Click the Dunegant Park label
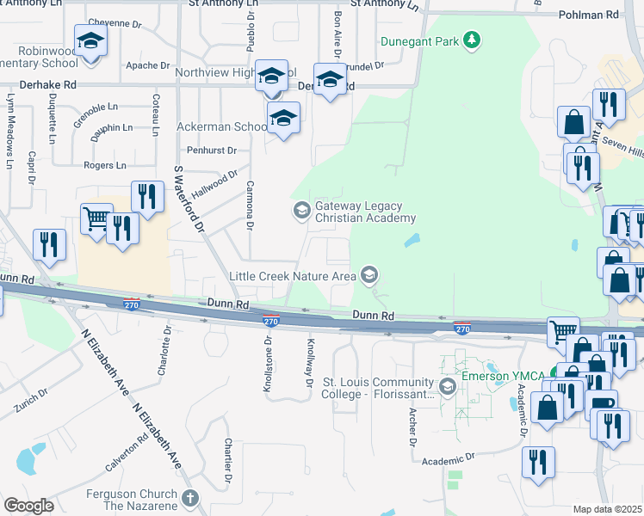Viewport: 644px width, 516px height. point(420,40)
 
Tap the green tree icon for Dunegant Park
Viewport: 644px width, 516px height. point(471,40)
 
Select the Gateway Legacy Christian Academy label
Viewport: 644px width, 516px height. point(366,212)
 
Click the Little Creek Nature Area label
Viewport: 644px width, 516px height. point(292,276)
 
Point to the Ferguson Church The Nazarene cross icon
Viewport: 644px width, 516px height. point(190,498)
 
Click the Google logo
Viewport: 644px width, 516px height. point(28,506)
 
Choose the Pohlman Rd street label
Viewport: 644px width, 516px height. point(588,15)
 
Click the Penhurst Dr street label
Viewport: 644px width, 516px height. point(212,150)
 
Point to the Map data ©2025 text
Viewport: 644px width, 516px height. point(608,509)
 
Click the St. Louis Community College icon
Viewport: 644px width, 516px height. point(447,387)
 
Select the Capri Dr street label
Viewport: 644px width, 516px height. point(31,169)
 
